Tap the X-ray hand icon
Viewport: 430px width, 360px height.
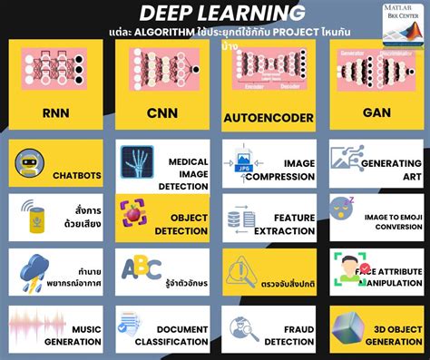pos(136,163)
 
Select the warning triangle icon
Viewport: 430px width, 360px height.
pos(242,268)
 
